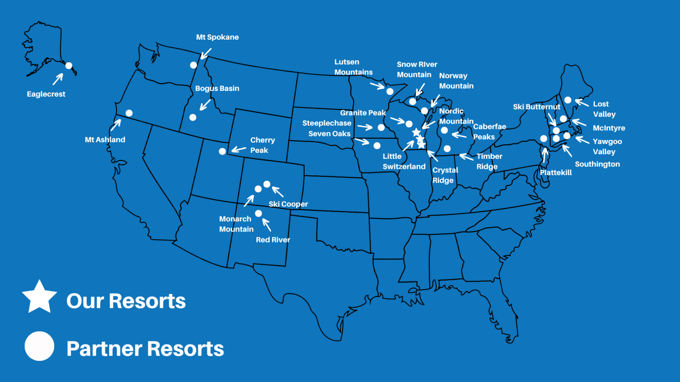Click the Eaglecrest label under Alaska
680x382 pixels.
(46, 94)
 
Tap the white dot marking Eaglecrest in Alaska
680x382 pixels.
(68, 66)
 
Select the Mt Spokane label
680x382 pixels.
(217, 37)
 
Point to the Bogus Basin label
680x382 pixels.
(217, 88)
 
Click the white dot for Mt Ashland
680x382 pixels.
(129, 113)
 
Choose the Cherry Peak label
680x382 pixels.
(262, 145)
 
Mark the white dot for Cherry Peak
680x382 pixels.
(222, 151)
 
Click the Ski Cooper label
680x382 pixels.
(288, 204)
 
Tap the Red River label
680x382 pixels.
(273, 240)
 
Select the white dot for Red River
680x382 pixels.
(258, 213)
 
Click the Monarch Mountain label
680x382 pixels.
(236, 224)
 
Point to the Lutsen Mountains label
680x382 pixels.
(353, 67)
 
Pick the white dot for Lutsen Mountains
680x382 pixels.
(390, 91)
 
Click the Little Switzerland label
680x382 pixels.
(404, 161)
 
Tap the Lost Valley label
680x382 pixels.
(604, 109)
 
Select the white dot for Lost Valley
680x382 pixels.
(568, 100)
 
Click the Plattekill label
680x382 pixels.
(556, 173)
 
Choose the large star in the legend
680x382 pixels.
(40, 297)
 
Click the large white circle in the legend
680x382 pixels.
(40, 346)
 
